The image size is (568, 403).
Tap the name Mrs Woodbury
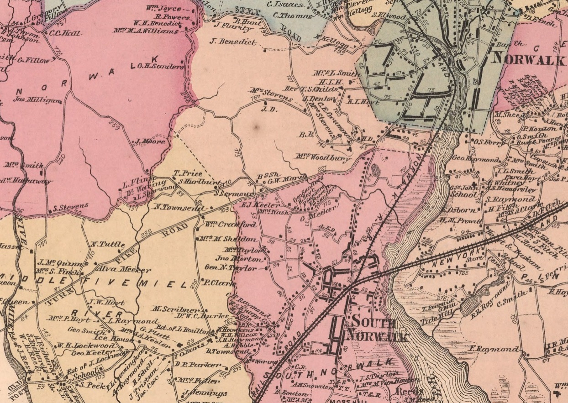(x=324, y=158)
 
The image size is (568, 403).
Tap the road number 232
(x=147, y=233)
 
